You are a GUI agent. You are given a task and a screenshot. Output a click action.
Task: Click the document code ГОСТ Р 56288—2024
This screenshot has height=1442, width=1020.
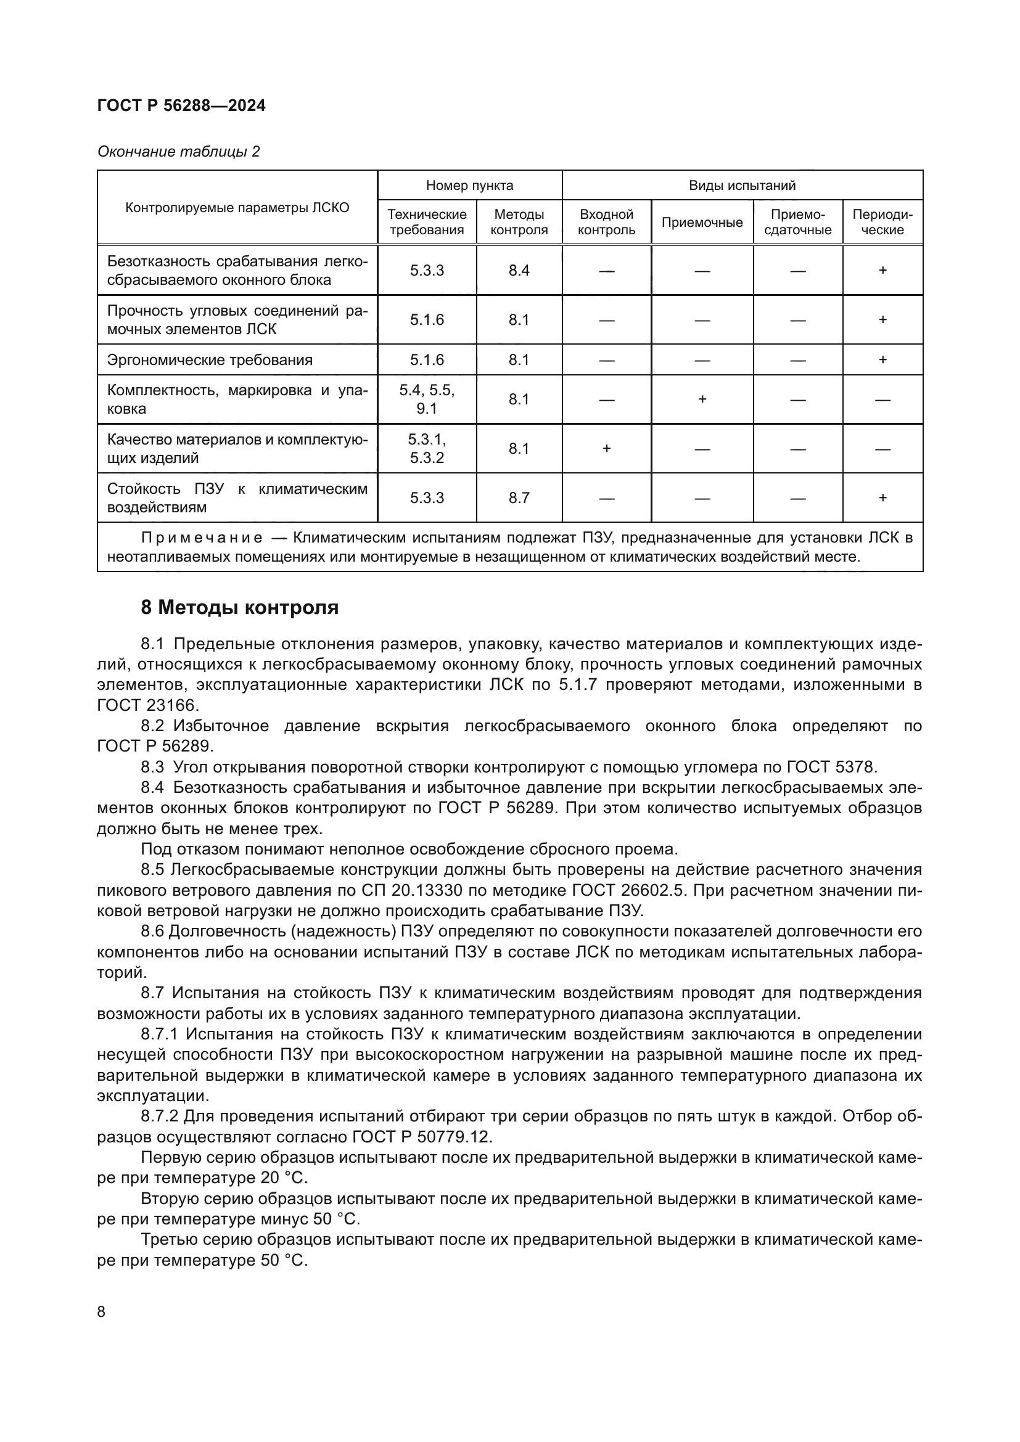click(181, 105)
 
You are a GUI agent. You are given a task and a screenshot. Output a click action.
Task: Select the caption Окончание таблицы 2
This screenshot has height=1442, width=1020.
click(178, 152)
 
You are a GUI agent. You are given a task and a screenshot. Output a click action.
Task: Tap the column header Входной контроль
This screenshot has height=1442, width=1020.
click(606, 223)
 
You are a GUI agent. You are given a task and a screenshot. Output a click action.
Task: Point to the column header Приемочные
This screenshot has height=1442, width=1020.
click(702, 223)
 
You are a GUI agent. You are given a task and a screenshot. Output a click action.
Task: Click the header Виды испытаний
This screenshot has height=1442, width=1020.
click(742, 186)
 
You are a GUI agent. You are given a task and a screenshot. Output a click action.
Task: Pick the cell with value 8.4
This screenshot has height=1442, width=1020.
click(519, 270)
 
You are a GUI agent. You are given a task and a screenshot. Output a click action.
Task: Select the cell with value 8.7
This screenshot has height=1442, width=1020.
click(519, 498)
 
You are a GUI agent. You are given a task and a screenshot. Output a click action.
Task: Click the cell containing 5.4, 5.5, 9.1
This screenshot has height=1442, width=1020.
click(427, 399)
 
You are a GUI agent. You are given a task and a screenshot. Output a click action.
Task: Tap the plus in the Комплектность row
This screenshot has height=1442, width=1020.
click(702, 399)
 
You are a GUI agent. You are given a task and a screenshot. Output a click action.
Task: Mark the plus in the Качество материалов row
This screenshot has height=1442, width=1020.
click(606, 448)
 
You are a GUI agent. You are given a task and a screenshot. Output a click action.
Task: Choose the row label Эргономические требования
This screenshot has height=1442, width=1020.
click(210, 360)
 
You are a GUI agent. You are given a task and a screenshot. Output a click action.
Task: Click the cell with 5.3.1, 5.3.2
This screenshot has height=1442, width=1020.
click(427, 448)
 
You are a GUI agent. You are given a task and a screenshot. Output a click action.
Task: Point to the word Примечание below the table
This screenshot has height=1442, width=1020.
click(202, 538)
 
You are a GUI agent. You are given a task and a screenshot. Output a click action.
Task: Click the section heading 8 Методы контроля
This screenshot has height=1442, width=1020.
click(239, 608)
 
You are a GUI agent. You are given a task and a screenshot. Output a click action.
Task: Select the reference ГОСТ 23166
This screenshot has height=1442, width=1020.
click(146, 705)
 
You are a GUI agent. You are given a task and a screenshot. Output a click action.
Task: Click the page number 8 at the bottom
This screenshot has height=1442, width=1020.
click(102, 1311)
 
